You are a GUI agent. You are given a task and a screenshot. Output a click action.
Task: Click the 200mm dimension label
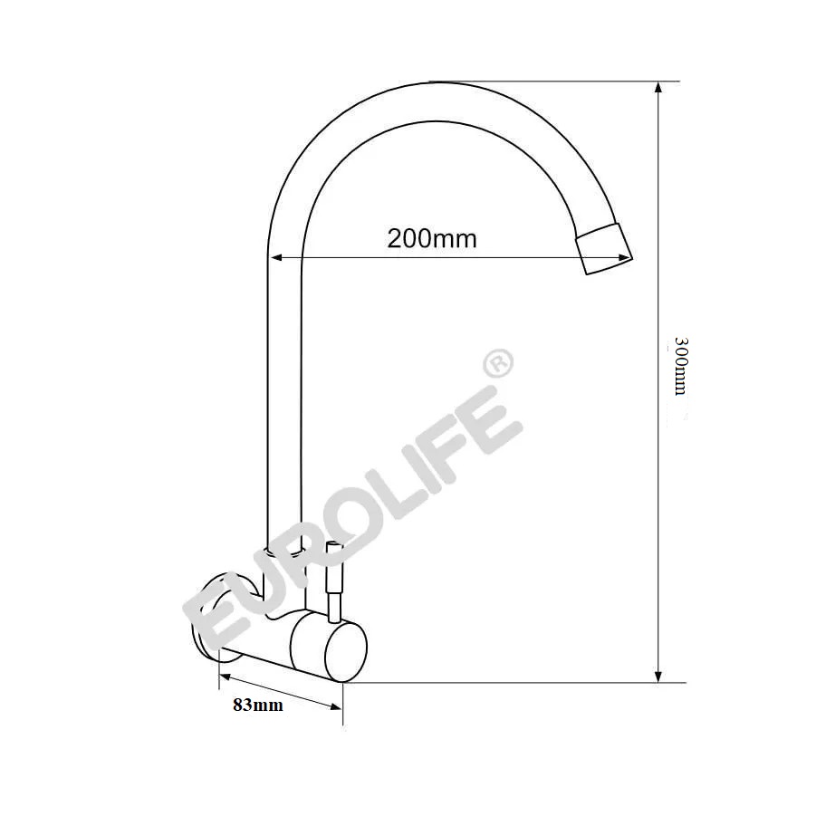point(432,239)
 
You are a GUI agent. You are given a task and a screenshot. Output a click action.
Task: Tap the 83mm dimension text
point(258,706)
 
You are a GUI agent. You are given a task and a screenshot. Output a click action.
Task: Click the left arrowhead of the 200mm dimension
point(276,257)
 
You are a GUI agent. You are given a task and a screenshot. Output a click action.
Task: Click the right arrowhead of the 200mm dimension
point(624,257)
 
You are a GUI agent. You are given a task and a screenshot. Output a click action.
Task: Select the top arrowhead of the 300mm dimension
point(658,88)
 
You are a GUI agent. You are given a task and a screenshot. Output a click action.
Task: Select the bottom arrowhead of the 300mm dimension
point(658,676)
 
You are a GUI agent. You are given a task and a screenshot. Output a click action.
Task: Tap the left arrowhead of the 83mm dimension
point(225,676)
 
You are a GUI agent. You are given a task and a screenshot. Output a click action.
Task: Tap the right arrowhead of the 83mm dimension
point(336,706)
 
